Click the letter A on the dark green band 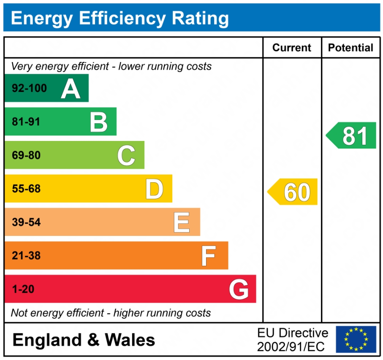click(x=71, y=89)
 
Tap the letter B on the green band click(x=99, y=122)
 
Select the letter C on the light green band click(x=126, y=155)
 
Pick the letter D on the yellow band click(x=154, y=189)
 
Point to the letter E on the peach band click(x=182, y=222)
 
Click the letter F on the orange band click(x=209, y=256)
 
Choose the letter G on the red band click(x=239, y=290)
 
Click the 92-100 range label click(x=29, y=89)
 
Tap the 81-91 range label click(x=26, y=122)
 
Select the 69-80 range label click(x=26, y=155)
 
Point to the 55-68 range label click(x=26, y=189)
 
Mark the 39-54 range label click(x=26, y=222)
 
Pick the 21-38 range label click(x=26, y=256)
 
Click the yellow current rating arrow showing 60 click(x=293, y=192)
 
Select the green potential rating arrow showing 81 click(x=352, y=135)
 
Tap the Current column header click(x=292, y=48)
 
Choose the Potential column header click(x=350, y=48)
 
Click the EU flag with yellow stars click(x=356, y=339)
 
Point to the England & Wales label click(x=84, y=340)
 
